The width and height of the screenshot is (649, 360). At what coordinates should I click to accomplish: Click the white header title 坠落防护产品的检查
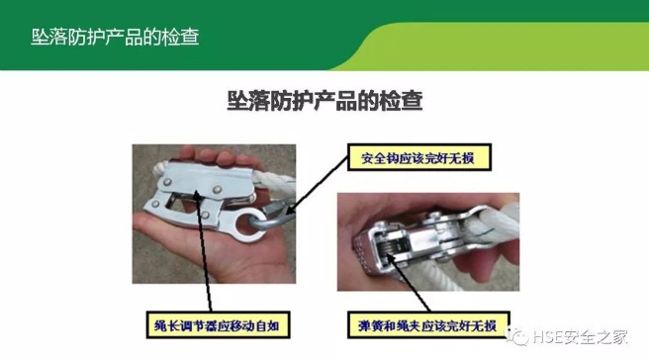115,38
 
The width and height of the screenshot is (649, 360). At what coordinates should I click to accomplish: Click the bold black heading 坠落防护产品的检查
324,101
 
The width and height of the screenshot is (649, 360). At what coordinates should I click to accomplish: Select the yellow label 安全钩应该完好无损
418,157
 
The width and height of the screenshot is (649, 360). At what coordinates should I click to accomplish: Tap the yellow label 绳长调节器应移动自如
218,325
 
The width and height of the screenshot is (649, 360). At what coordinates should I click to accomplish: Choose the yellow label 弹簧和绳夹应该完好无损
428,325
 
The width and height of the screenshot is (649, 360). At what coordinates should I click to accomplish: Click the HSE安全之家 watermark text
581,337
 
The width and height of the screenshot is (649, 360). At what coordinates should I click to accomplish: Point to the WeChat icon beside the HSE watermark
517,336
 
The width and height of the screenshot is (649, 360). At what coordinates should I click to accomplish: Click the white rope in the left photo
273,182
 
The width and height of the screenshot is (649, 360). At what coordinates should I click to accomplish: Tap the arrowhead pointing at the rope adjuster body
198,194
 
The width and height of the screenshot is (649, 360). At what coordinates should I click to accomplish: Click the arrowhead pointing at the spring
391,257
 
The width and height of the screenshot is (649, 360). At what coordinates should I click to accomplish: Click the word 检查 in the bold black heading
401,101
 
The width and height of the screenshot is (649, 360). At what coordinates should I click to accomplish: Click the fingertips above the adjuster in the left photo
216,155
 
